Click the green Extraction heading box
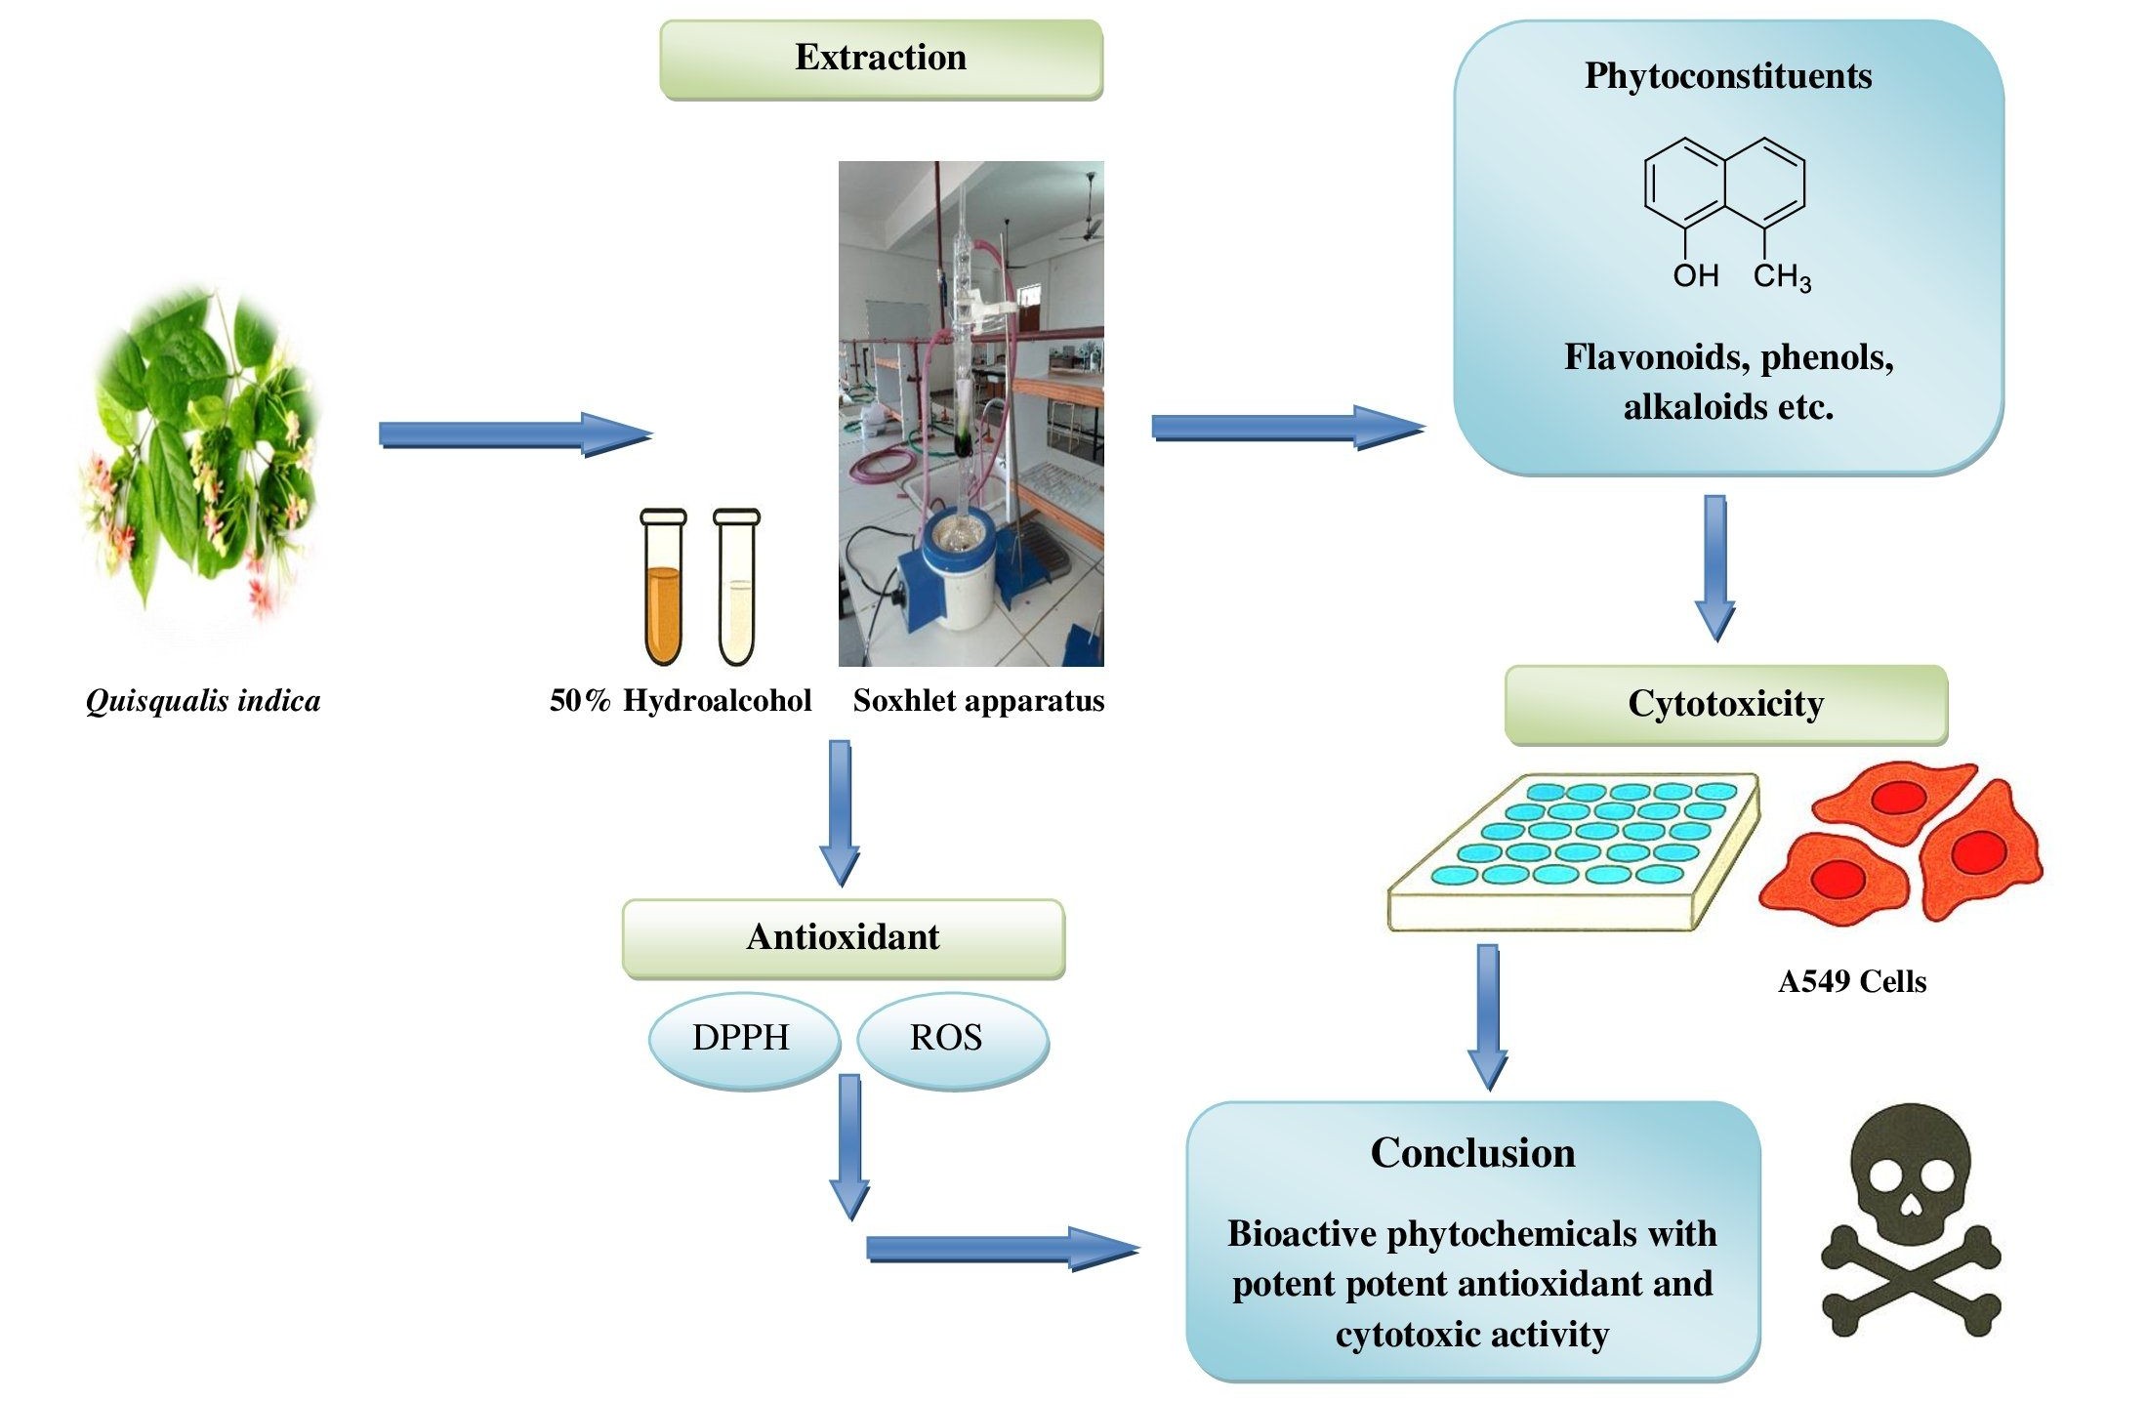tap(881, 59)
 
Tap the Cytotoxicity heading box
tap(1725, 704)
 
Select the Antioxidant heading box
tap(843, 937)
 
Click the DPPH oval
tap(742, 1037)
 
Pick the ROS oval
tap(947, 1037)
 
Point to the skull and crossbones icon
tap(1911, 1220)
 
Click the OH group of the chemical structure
tap(1695, 275)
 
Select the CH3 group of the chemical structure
tap(1781, 277)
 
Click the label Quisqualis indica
tap(203, 701)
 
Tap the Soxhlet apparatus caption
tap(978, 701)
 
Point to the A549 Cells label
tap(1851, 981)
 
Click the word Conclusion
tap(1472, 1153)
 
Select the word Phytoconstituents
tap(1727, 76)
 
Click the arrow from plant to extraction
tap(515, 433)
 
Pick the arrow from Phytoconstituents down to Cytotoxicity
tap(1714, 566)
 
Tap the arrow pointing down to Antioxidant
tap(840, 810)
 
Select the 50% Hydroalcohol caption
tap(681, 701)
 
